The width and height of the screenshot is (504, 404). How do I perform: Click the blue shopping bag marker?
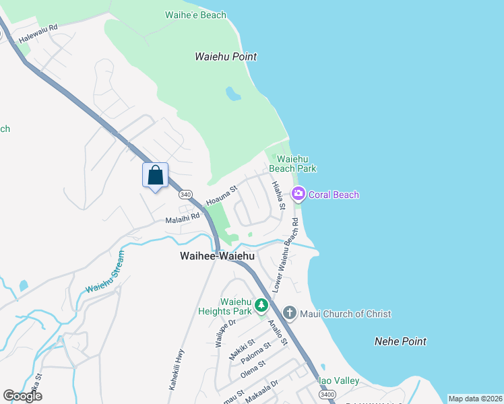point(155,175)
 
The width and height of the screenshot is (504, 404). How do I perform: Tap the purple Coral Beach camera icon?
point(298,195)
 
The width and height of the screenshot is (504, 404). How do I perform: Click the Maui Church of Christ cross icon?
point(290,312)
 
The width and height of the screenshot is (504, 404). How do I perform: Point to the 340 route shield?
point(185,194)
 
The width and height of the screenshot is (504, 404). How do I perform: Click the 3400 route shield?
point(327,394)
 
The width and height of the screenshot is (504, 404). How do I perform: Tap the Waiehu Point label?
point(226,57)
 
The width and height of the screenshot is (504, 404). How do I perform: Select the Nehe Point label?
point(400,341)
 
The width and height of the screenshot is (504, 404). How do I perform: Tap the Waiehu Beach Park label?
point(292,163)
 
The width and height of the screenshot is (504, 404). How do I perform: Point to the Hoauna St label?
point(223,196)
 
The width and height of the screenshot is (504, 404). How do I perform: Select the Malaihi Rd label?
point(183,217)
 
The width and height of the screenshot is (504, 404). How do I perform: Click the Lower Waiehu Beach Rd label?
point(285,255)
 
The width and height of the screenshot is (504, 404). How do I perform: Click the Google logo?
point(23,395)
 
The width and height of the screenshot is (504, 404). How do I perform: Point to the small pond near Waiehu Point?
point(232,93)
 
